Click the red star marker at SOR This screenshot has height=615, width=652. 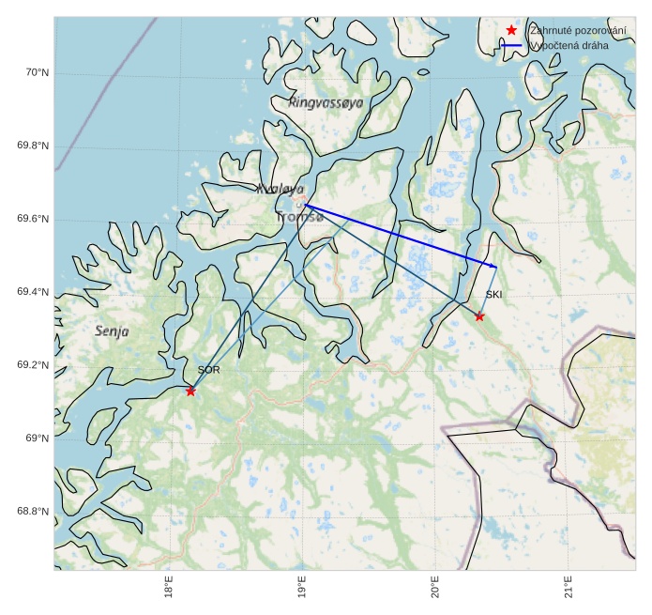[x=190, y=391]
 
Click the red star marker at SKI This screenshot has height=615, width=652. [x=479, y=316]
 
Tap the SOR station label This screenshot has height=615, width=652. [x=208, y=370]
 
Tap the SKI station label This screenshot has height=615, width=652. [x=493, y=295]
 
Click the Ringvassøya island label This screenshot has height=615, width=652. [x=326, y=102]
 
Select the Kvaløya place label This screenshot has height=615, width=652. [x=280, y=189]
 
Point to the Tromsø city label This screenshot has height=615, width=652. [x=299, y=217]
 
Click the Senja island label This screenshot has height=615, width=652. [x=112, y=331]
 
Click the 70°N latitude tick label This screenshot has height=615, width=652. [x=35, y=73]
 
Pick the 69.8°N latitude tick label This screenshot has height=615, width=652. [x=33, y=146]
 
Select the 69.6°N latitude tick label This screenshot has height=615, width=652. [x=33, y=220]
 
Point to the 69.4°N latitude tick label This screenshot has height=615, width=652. [x=33, y=293]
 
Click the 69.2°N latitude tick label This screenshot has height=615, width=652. [x=33, y=365]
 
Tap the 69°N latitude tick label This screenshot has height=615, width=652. [x=35, y=438]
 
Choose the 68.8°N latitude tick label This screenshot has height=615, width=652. [x=33, y=512]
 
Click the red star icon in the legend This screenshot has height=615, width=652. [x=511, y=30]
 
